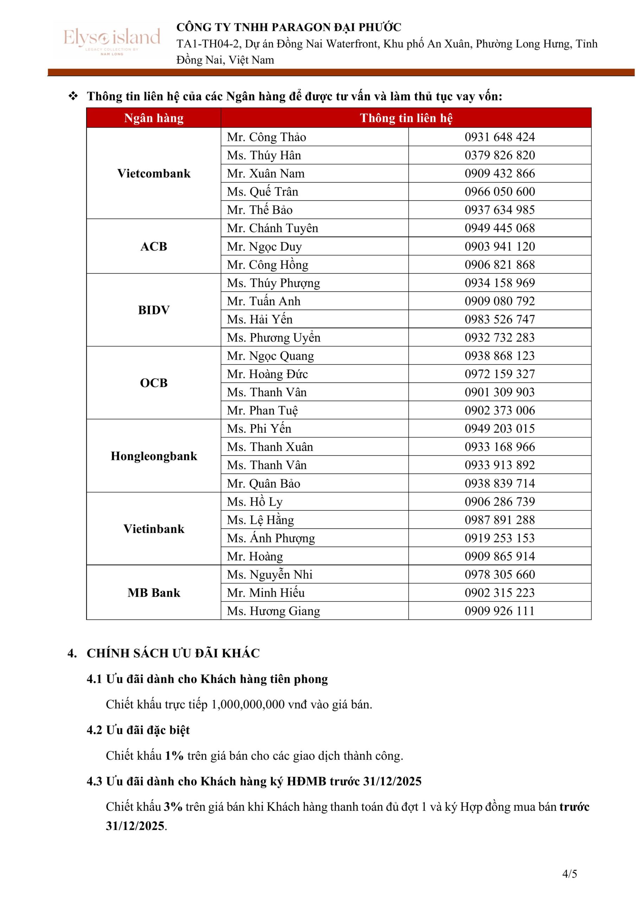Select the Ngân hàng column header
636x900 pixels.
pos(154,118)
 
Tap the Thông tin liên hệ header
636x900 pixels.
pos(406,118)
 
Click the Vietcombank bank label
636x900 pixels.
pos(154,173)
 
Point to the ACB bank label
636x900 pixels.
pos(154,246)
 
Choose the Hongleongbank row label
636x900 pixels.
pos(154,456)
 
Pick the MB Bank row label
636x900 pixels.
pos(154,593)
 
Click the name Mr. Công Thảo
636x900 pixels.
pos(266,137)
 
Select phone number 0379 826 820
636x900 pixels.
pos(500,155)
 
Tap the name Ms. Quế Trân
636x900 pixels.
pos(262,192)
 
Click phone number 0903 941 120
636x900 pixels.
pos(500,246)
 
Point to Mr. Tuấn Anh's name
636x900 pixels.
pos(264,301)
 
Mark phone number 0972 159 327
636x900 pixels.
pos(500,374)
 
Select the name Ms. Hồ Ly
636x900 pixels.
pos(255,502)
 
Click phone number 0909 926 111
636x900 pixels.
pos(500,611)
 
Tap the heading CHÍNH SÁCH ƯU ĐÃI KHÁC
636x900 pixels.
pos(173,654)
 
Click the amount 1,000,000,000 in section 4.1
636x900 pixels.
pos(248,705)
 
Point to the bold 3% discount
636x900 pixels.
pos(173,807)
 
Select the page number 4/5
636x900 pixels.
pos(569,874)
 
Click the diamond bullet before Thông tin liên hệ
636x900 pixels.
pos(73,96)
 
